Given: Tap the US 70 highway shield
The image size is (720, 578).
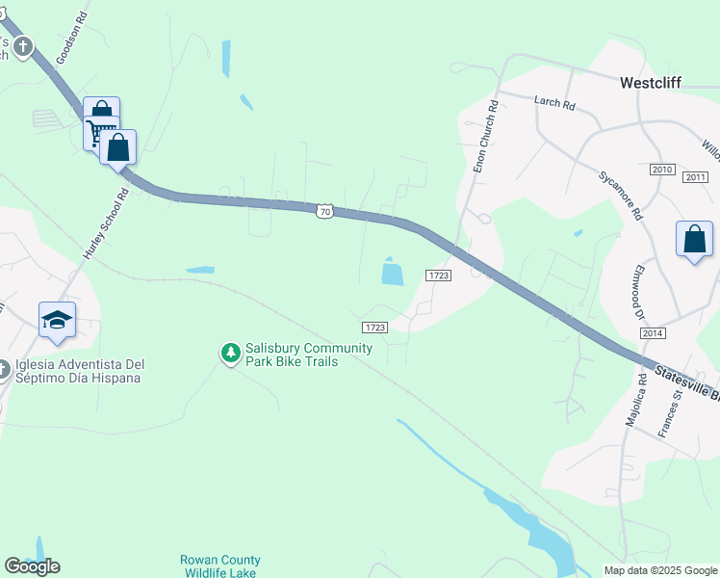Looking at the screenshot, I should pyautogui.click(x=325, y=210).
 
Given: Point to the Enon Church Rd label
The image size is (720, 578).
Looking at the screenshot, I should pyautogui.click(x=485, y=138).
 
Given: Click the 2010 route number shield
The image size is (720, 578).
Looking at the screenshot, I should pyautogui.click(x=662, y=170).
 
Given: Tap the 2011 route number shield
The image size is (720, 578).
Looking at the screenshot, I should pyautogui.click(x=695, y=177).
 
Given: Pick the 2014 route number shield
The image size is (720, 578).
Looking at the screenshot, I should pyautogui.click(x=652, y=332).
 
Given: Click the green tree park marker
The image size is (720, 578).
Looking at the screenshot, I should pyautogui.click(x=230, y=354).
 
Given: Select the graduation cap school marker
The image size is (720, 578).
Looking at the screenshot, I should pyautogui.click(x=58, y=320).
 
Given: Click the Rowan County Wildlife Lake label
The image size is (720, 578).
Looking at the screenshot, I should pyautogui.click(x=219, y=566).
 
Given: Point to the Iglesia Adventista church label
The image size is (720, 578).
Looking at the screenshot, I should pyautogui.click(x=79, y=371).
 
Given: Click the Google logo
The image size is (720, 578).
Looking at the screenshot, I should pyautogui.click(x=32, y=566).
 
